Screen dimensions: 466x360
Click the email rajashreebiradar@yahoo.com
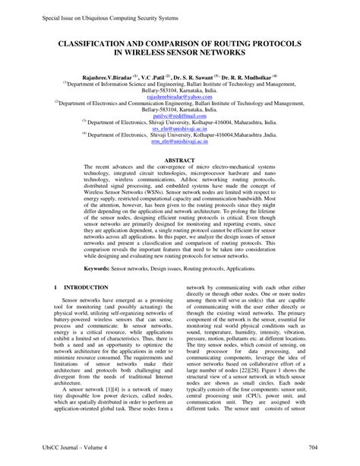point(179,97)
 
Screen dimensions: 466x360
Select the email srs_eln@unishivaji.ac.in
point(179,131)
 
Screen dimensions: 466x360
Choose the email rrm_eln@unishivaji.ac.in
point(179,142)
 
